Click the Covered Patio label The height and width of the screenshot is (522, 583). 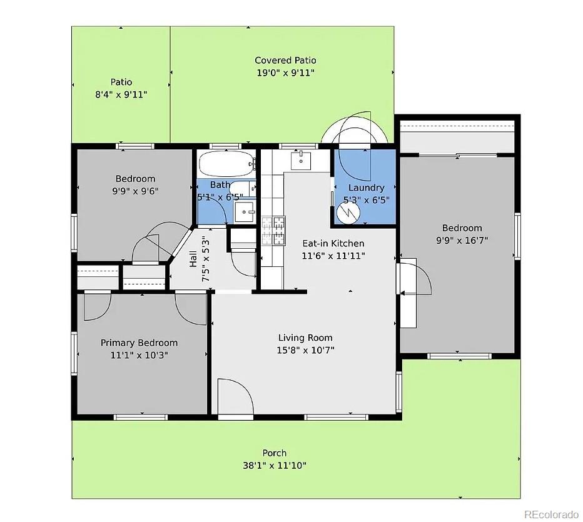click(x=285, y=61)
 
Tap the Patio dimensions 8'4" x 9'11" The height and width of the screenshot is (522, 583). click(x=121, y=94)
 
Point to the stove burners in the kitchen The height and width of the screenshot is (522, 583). click(x=273, y=230)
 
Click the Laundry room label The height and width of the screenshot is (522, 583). click(x=366, y=188)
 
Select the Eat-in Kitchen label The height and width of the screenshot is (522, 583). click(x=333, y=243)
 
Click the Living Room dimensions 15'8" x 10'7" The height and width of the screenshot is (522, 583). click(x=306, y=350)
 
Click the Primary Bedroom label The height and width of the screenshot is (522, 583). click(x=139, y=343)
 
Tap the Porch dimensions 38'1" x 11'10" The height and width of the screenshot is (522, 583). click(x=275, y=465)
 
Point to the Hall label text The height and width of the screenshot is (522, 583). click(x=193, y=258)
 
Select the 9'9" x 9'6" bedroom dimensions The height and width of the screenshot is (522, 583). click(x=134, y=191)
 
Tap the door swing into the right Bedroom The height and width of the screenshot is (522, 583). click(x=414, y=278)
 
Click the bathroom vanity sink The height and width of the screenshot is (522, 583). click(x=245, y=212)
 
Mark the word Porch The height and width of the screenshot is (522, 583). click(x=275, y=453)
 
